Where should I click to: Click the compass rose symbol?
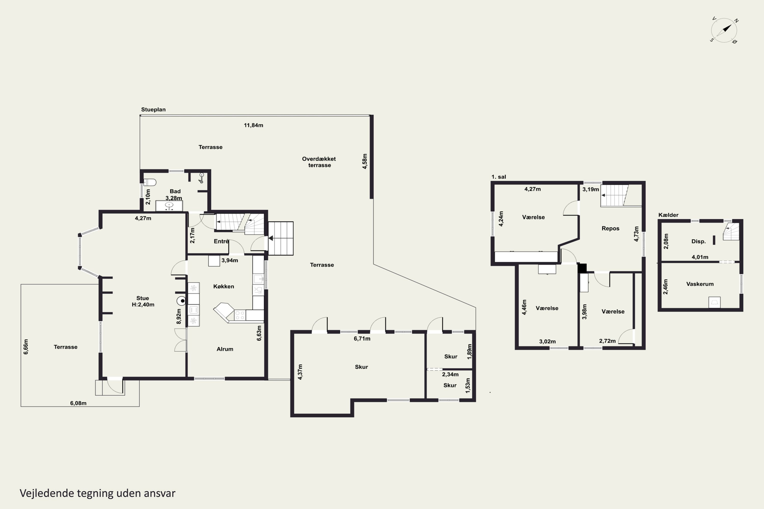click(724, 30)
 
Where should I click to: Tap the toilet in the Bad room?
click(150, 182)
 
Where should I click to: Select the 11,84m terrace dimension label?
click(253, 125)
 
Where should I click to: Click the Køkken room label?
click(224, 286)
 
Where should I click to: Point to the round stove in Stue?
click(181, 301)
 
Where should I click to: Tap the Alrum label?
click(225, 349)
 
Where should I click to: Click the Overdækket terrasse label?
click(319, 162)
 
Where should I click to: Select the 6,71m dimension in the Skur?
click(362, 338)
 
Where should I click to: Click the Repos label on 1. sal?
click(610, 229)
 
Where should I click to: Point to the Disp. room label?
click(698, 242)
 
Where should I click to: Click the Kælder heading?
click(668, 215)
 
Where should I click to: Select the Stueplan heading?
click(153, 110)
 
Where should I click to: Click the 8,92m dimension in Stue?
click(179, 316)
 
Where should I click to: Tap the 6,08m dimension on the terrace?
click(78, 403)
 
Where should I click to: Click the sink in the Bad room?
click(169, 205)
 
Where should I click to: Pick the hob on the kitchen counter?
click(240, 315)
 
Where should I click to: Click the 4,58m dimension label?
click(365, 161)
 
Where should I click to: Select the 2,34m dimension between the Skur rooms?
click(450, 374)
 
